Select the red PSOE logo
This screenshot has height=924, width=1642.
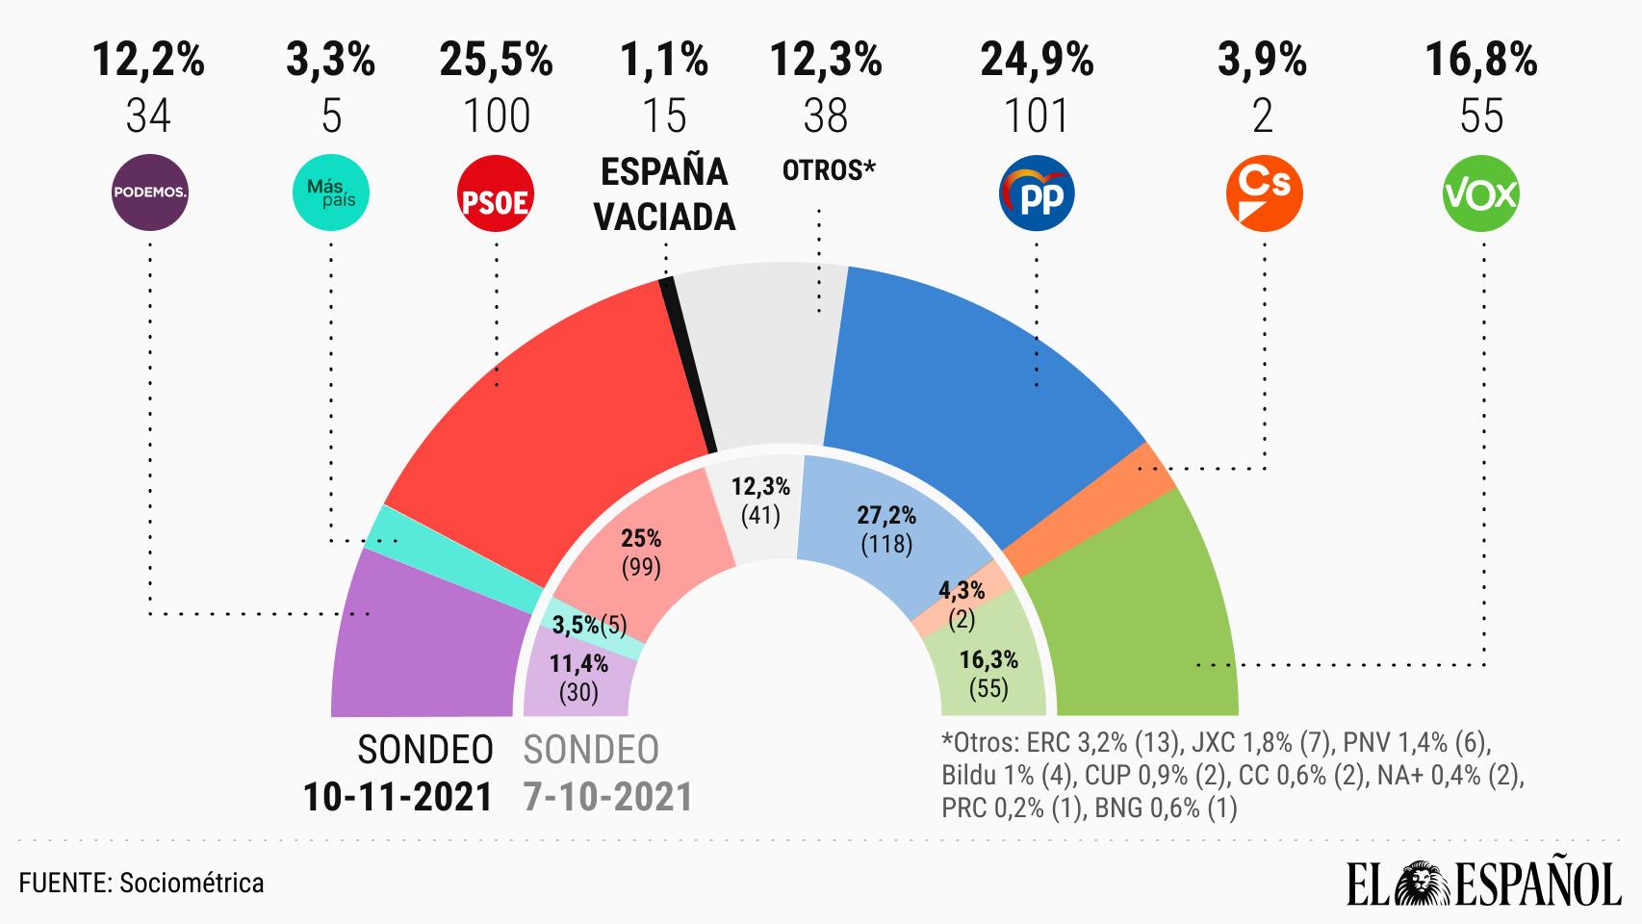tap(497, 195)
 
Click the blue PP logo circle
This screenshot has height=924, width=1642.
tap(1037, 195)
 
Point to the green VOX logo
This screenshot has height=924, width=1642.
tap(1481, 194)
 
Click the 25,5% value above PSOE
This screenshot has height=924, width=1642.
tap(497, 61)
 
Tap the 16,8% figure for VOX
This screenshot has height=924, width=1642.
tap(1481, 61)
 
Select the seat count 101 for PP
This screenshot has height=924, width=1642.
tap(1037, 116)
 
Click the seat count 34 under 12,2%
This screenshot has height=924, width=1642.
tap(148, 116)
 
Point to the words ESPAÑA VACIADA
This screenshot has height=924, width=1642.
tap(664, 194)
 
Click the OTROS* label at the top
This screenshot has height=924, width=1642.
tap(827, 170)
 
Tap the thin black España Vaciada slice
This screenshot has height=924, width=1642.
tap(689, 366)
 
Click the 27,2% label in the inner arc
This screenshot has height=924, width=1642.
tap(886, 515)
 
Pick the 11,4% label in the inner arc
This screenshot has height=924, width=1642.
tap(578, 663)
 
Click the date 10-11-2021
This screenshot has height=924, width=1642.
tap(398, 797)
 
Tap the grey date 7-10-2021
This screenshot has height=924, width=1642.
tap(608, 797)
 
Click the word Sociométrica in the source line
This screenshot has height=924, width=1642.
tap(192, 883)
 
